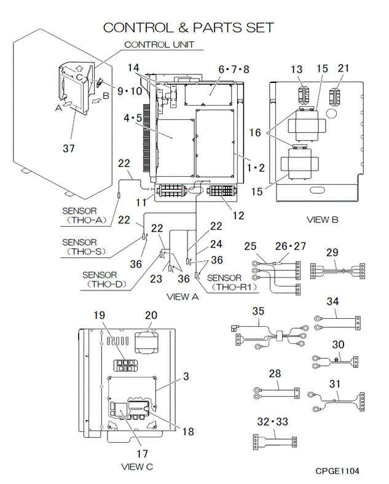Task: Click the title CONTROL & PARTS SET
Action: pyautogui.click(x=188, y=28)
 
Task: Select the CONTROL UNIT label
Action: pyautogui.click(x=159, y=45)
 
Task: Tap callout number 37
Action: pyautogui.click(x=69, y=149)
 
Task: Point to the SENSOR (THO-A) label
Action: pyautogui.click(x=84, y=216)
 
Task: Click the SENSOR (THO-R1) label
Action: pyautogui.click(x=232, y=283)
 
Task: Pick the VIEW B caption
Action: pyautogui.click(x=322, y=220)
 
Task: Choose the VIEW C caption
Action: pyautogui.click(x=137, y=467)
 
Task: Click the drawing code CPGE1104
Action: pyautogui.click(x=337, y=471)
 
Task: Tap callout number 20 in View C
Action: pyautogui.click(x=151, y=315)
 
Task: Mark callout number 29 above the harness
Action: pyautogui.click(x=332, y=252)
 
